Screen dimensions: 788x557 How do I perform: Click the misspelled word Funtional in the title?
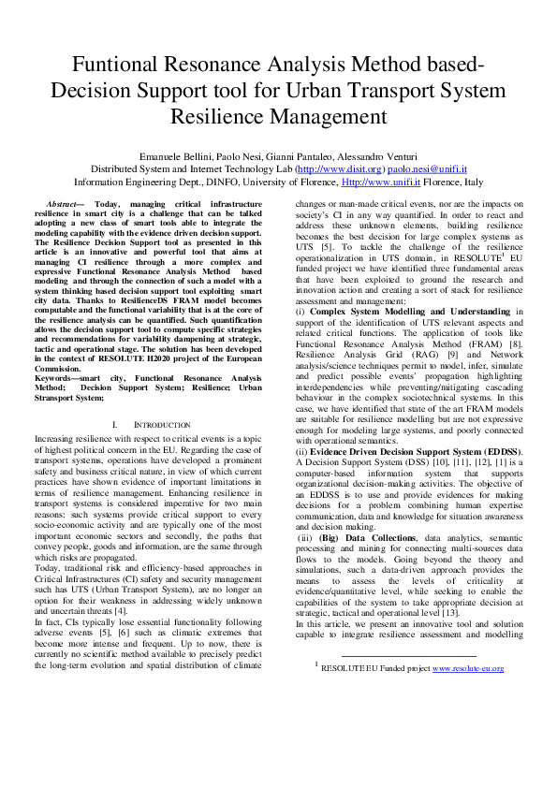pos(116,66)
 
